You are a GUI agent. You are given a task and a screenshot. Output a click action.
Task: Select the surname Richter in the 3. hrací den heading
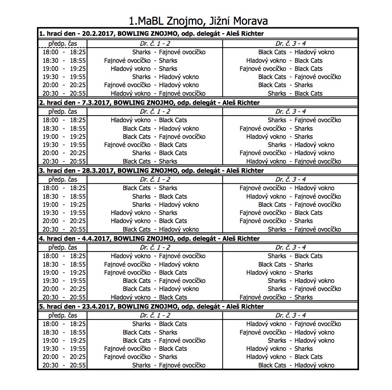pos(251,171)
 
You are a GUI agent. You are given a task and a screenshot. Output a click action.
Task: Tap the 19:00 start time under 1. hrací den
pos(50,69)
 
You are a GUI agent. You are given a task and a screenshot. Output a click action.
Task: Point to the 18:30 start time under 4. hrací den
pos(50,264)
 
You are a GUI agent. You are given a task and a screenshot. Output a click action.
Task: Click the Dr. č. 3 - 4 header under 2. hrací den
pos(291,112)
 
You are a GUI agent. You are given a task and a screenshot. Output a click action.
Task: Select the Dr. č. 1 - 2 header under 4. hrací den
pos(155,247)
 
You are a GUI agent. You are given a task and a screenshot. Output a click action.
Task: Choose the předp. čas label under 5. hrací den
pos(63,315)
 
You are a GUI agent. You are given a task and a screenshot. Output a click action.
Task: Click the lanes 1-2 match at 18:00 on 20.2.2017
pos(169,52)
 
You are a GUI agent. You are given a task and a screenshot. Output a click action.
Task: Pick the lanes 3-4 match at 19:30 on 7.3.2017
pos(301,145)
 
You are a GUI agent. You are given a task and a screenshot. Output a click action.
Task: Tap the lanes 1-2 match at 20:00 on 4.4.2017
pos(160,289)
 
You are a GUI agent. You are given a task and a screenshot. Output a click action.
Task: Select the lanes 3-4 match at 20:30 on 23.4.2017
pos(296,366)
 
